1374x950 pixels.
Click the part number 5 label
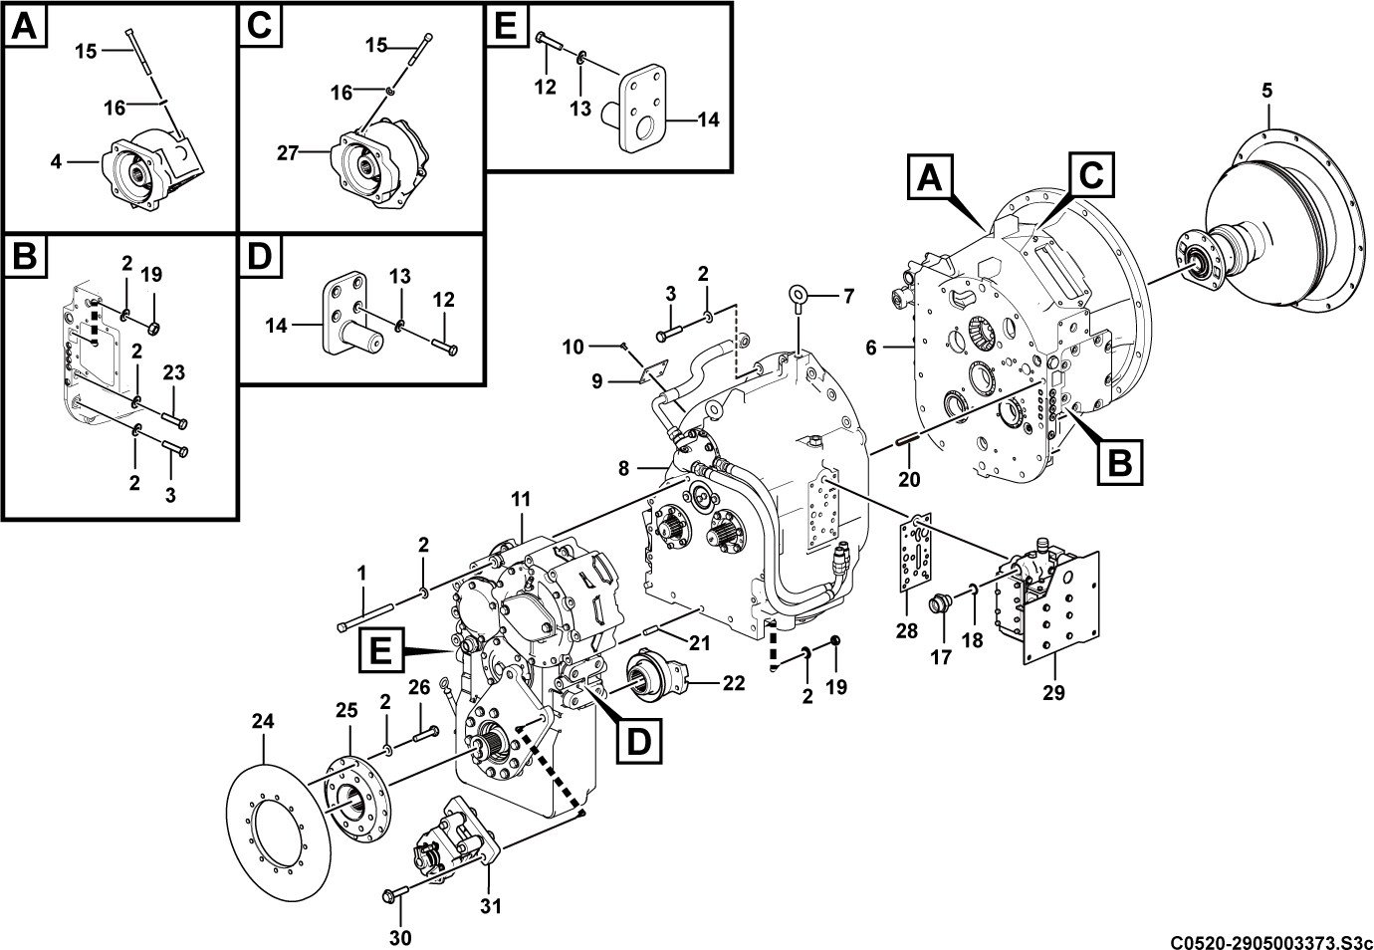[1266, 91]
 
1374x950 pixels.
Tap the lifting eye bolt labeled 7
[799, 300]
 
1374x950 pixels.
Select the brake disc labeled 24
[279, 831]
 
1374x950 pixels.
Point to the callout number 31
[491, 906]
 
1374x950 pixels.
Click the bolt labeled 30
[395, 896]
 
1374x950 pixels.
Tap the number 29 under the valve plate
[1053, 693]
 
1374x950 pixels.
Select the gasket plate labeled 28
[916, 553]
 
